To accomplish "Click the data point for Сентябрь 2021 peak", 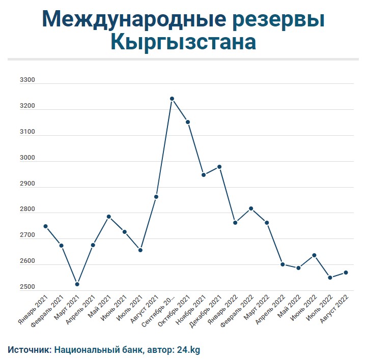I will [172, 99].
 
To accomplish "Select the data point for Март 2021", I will [77, 284].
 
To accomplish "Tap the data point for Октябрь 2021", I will [188, 122].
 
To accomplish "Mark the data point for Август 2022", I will [346, 273].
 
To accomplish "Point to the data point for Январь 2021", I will [46, 226].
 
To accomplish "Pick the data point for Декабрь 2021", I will [219, 167].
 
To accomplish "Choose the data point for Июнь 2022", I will [315, 255].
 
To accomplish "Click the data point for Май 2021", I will [109, 217].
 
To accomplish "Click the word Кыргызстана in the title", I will [183, 42].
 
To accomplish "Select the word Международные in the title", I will [134, 19].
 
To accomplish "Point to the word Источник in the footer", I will [29, 350].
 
